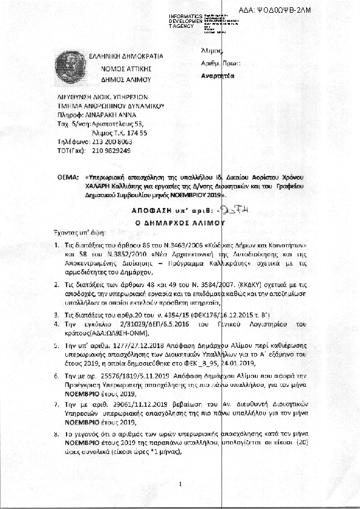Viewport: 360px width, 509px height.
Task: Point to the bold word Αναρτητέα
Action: pos(218,76)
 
